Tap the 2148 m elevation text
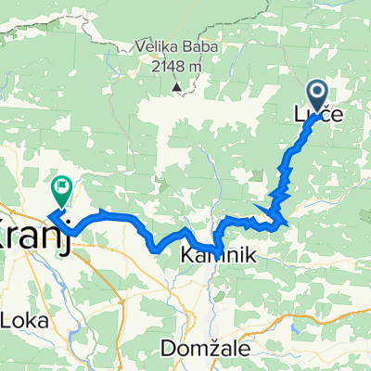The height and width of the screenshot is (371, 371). [175, 66]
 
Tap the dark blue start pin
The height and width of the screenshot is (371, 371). [316, 94]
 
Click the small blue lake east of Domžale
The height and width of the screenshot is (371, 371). [295, 326]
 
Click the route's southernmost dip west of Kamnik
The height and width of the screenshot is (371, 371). [155, 248]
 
